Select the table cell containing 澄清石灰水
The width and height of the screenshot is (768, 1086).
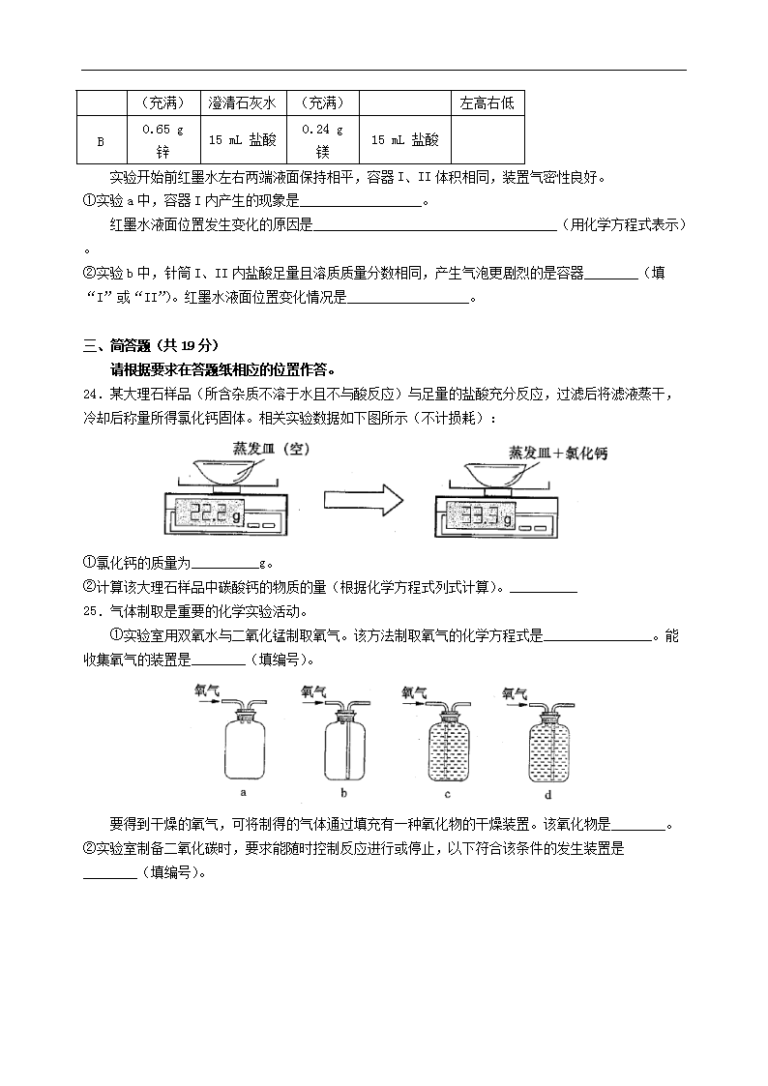[x=243, y=103]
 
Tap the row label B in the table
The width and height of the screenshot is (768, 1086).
[x=101, y=140]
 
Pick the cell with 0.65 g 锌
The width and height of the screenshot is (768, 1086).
[x=162, y=140]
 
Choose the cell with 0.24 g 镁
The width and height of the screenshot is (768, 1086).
[x=322, y=140]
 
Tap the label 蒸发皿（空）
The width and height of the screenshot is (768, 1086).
[x=277, y=448]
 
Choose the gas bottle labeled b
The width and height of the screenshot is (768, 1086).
[x=345, y=748]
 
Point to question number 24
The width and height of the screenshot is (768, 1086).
[x=91, y=394]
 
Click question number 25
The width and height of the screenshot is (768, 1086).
[x=91, y=611]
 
